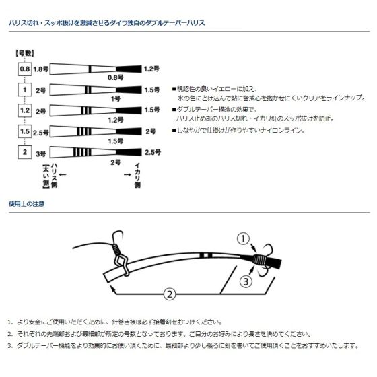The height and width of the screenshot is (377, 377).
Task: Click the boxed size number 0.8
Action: coord(25,69)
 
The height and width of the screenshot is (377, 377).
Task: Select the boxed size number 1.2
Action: coord(25,109)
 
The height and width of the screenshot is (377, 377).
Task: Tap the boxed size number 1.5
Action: coord(25,131)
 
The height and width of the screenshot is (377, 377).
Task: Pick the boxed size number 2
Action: coord(25,152)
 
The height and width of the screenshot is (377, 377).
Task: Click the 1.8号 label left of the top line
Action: coord(41,69)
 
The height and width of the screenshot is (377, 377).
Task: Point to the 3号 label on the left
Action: coord(42,152)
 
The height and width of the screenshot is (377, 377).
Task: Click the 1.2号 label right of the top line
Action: coord(151,69)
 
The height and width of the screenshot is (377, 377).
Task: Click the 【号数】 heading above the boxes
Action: coord(24,53)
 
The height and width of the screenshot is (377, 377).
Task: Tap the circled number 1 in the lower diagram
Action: coord(244,238)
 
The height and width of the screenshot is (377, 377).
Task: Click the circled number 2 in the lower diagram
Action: coord(170,293)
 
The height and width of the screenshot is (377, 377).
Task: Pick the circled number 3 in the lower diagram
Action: coord(247,281)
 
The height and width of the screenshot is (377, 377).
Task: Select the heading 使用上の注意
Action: coord(26,203)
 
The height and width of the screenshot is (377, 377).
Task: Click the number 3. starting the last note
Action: coord(11,345)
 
